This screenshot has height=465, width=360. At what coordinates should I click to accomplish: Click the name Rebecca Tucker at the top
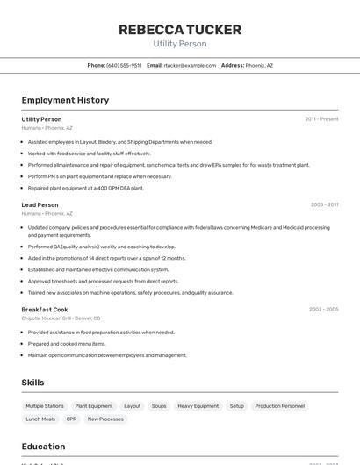pos(179,30)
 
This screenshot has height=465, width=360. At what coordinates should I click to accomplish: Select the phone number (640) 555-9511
pos(124,65)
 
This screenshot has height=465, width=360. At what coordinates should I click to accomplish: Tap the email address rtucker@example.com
pos(190,65)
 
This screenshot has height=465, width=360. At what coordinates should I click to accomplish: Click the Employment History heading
pos(65,100)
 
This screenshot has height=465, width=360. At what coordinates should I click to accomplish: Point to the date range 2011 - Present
pos(321,119)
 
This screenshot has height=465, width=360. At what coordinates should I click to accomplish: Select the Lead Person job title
pos(40,204)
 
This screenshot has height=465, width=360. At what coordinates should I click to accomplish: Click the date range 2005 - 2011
pos(324,204)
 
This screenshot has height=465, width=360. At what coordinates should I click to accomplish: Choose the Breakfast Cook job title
pos(45,310)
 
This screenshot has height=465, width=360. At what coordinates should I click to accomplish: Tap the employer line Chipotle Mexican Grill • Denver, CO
pos(61,318)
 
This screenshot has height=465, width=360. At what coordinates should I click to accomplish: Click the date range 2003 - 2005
pos(323,310)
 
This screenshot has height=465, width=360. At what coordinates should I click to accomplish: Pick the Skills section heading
pos(32,383)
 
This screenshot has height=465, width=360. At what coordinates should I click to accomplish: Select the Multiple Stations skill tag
pos(45,406)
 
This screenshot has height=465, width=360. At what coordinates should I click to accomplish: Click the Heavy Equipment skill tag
pos(198,406)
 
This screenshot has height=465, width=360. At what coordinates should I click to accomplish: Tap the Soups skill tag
pos(159,406)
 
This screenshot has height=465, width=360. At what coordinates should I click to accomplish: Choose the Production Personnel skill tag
pos(280,406)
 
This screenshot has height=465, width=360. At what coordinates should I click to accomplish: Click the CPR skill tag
pos(71,419)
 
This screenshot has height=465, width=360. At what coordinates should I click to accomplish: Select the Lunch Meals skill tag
pos(40,419)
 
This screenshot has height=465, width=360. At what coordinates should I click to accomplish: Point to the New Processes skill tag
pos(105,419)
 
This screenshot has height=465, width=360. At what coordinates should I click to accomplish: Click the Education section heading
pos(43,447)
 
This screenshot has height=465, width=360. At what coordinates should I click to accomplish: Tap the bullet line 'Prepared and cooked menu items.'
pos(67,344)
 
